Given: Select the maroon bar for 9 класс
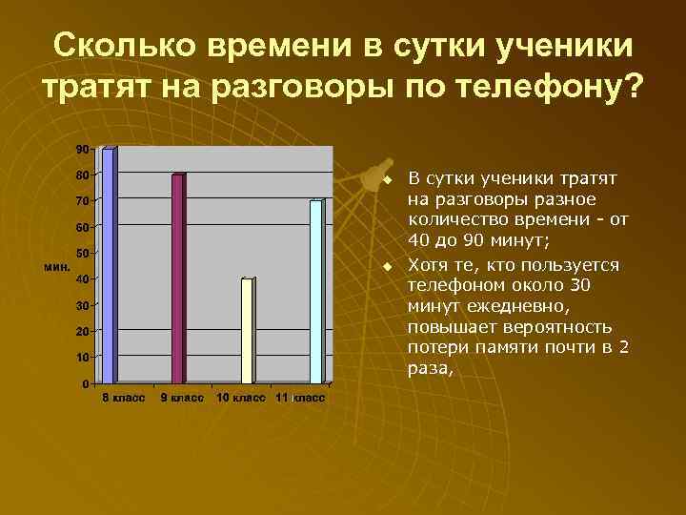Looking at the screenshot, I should pyautogui.click(x=177, y=278).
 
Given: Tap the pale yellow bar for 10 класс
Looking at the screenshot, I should pyautogui.click(x=247, y=330).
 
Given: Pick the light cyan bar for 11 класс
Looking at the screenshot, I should pyautogui.click(x=315, y=291).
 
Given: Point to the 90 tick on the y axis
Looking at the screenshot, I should pyautogui.click(x=83, y=149).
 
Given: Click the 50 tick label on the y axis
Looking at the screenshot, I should pyautogui.click(x=83, y=253).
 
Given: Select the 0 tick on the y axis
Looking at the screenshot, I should pyautogui.click(x=86, y=383).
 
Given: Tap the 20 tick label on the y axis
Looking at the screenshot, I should pyautogui.click(x=83, y=331).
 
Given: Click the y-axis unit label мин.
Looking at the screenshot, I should pyautogui.click(x=57, y=266).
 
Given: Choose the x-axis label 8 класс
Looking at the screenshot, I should pyautogui.click(x=124, y=398).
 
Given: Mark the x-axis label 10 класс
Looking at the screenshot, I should pyautogui.click(x=241, y=398).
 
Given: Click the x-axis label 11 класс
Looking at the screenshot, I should pyautogui.click(x=299, y=398).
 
